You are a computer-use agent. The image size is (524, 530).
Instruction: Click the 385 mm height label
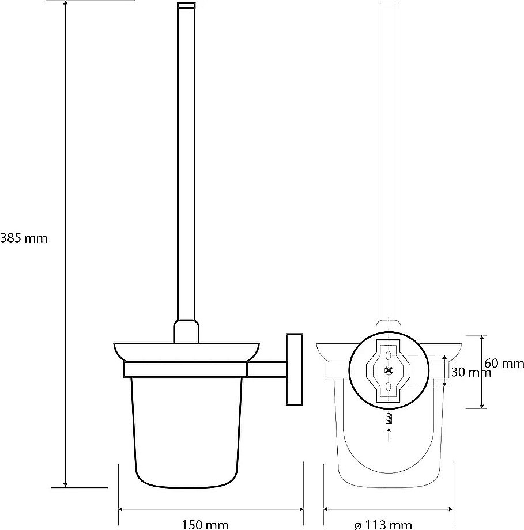[x=24, y=238]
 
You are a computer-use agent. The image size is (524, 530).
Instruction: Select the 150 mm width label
[x=205, y=525]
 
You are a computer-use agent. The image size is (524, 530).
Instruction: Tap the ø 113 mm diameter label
[x=383, y=525]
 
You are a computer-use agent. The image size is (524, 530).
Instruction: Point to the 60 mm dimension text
[x=504, y=364]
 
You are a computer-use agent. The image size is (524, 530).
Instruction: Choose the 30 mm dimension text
[x=471, y=373]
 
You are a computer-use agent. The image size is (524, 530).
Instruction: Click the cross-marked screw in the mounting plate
[x=389, y=371]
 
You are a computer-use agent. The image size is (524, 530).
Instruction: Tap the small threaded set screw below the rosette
[x=389, y=419]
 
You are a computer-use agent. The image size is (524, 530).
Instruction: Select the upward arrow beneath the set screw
[x=389, y=435]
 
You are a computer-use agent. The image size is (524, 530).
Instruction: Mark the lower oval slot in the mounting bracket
[x=389, y=386]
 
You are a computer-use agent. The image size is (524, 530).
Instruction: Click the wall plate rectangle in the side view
[x=295, y=369]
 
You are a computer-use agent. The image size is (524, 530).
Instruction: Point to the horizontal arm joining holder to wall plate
[x=267, y=369]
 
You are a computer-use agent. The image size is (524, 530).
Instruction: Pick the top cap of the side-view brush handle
[x=186, y=5]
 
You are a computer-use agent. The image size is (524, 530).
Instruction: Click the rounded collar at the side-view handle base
[x=186, y=331]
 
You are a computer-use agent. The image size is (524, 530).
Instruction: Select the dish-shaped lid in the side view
[x=186, y=353]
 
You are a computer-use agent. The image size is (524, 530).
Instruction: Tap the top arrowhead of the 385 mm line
[x=65, y=3]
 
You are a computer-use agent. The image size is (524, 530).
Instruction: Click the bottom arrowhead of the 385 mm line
[x=65, y=484]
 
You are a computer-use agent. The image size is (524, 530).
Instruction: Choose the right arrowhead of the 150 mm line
[x=300, y=509]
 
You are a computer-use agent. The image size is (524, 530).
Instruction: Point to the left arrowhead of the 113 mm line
[x=327, y=509]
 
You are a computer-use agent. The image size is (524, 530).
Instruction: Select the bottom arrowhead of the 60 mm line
[x=481, y=405]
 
